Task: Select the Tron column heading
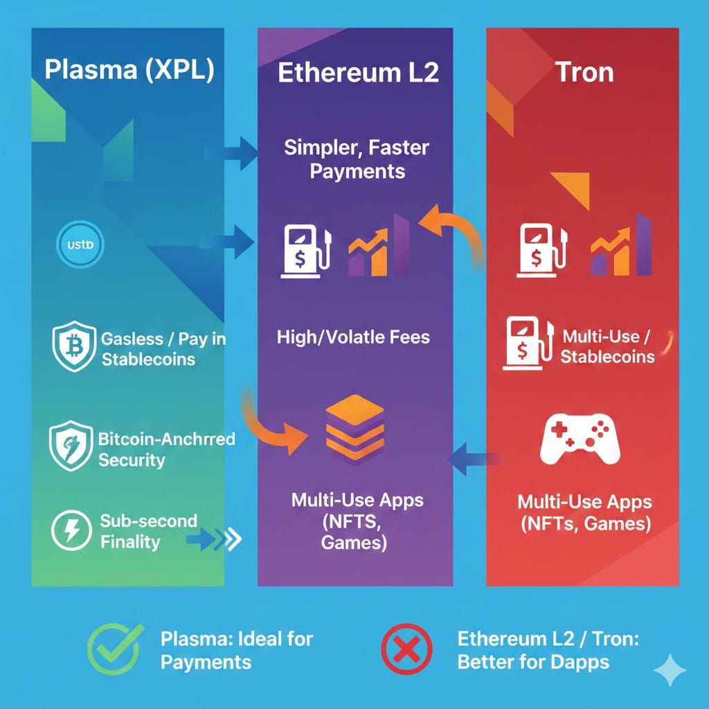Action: click(585, 72)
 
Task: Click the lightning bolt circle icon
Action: click(71, 532)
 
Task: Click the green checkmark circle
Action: click(115, 649)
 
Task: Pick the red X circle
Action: click(407, 649)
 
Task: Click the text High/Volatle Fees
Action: click(353, 337)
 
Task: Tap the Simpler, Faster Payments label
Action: click(357, 159)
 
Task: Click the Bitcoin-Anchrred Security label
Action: click(166, 449)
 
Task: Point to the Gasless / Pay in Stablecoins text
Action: click(163, 349)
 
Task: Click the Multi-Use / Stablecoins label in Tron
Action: click(607, 347)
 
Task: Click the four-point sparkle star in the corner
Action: click(670, 670)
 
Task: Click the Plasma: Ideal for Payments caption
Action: click(237, 649)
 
